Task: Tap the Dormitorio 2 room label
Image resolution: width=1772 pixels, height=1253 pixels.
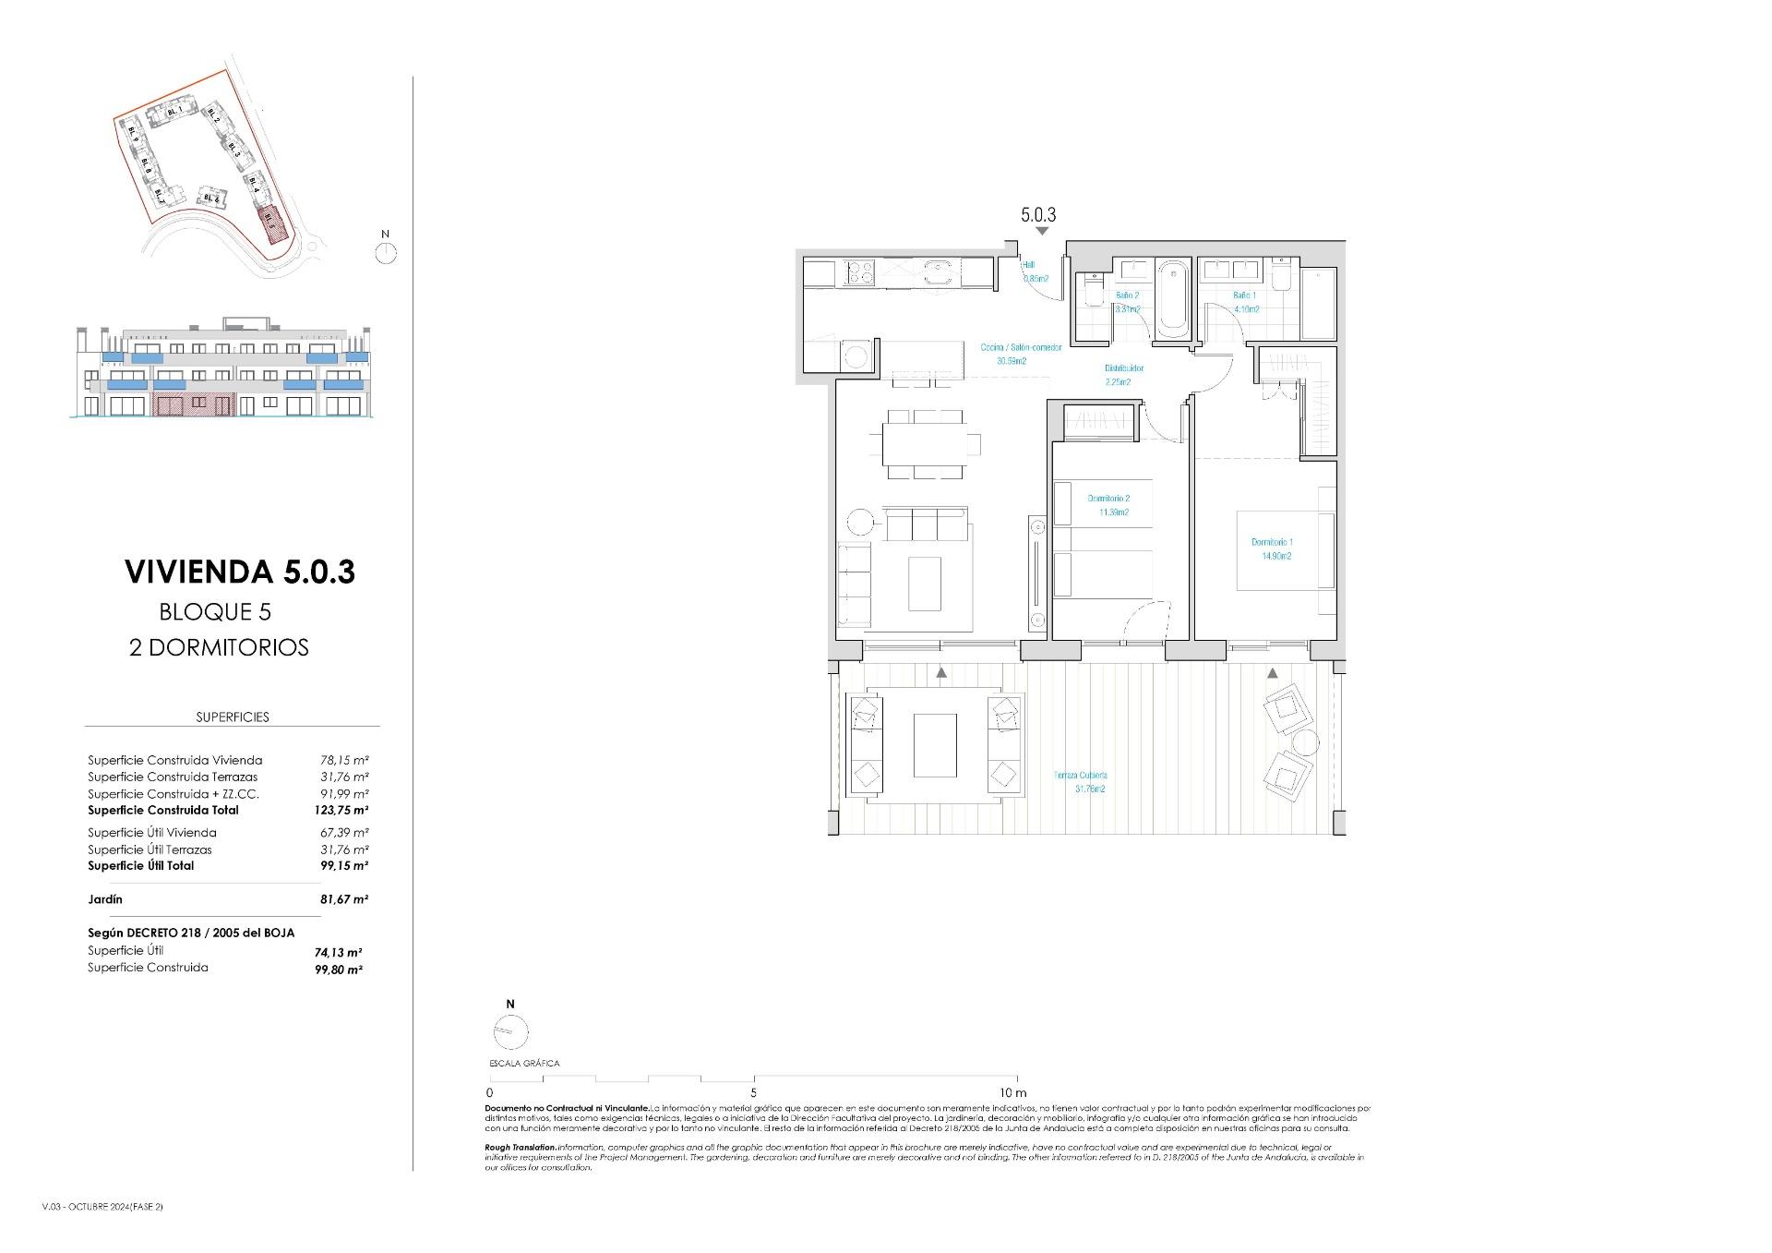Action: (1107, 500)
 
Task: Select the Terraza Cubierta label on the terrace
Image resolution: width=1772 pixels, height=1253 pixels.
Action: (1081, 776)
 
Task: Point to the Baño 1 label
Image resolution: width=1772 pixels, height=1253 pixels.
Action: (1244, 296)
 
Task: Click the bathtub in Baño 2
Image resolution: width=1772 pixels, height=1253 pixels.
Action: (1173, 296)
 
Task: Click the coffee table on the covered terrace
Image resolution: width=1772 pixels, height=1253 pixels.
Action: (935, 745)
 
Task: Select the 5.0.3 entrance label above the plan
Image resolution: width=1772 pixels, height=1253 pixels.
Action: (1038, 215)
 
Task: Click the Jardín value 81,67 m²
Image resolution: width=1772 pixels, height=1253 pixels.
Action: (343, 899)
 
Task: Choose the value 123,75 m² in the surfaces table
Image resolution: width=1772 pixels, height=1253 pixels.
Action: (341, 811)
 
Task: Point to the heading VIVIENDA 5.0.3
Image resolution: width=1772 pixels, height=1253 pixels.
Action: (240, 572)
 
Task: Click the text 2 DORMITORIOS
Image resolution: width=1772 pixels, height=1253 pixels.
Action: (219, 648)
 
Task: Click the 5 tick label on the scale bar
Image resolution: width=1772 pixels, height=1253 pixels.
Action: (754, 1093)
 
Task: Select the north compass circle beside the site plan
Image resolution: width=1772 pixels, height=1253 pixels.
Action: (387, 253)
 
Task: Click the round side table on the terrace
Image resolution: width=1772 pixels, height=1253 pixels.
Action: (1306, 742)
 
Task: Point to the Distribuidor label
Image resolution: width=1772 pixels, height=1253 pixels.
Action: (1124, 368)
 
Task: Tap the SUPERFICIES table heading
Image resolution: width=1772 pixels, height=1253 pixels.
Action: (233, 717)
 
